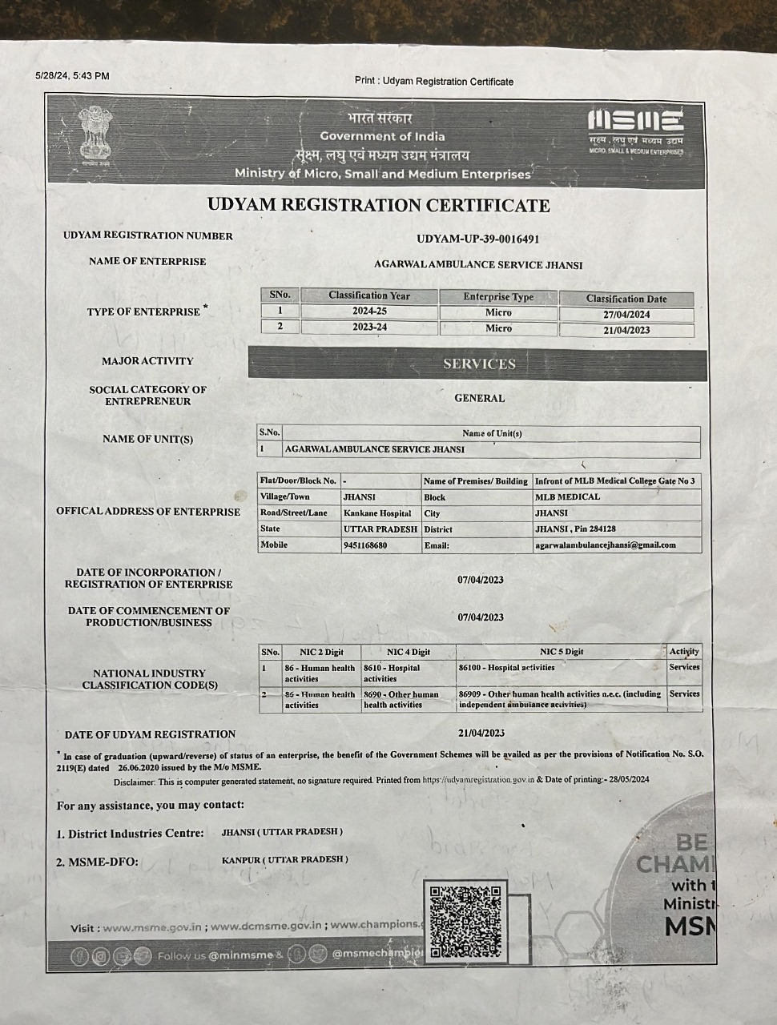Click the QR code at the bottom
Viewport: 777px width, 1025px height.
465,921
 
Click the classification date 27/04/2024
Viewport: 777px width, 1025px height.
626,315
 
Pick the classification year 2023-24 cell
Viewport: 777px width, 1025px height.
369,328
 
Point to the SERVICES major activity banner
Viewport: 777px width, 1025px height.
478,364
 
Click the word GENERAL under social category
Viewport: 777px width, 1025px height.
479,398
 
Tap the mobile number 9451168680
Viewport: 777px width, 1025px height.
365,545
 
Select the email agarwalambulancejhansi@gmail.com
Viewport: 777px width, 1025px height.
605,545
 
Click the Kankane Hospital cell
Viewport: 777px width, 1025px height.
377,513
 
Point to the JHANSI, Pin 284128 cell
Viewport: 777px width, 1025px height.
575,529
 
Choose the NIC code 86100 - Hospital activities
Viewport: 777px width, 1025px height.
506,667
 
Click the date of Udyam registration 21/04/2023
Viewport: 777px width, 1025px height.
481,733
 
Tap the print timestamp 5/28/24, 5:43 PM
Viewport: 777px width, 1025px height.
72,76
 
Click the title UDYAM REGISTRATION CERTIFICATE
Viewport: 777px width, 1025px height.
378,205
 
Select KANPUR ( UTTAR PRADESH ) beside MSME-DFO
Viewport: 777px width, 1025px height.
285,859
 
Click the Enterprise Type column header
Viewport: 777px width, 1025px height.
498,296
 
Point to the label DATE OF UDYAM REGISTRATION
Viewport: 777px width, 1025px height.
150,734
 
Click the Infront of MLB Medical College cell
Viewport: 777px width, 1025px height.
614,481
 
